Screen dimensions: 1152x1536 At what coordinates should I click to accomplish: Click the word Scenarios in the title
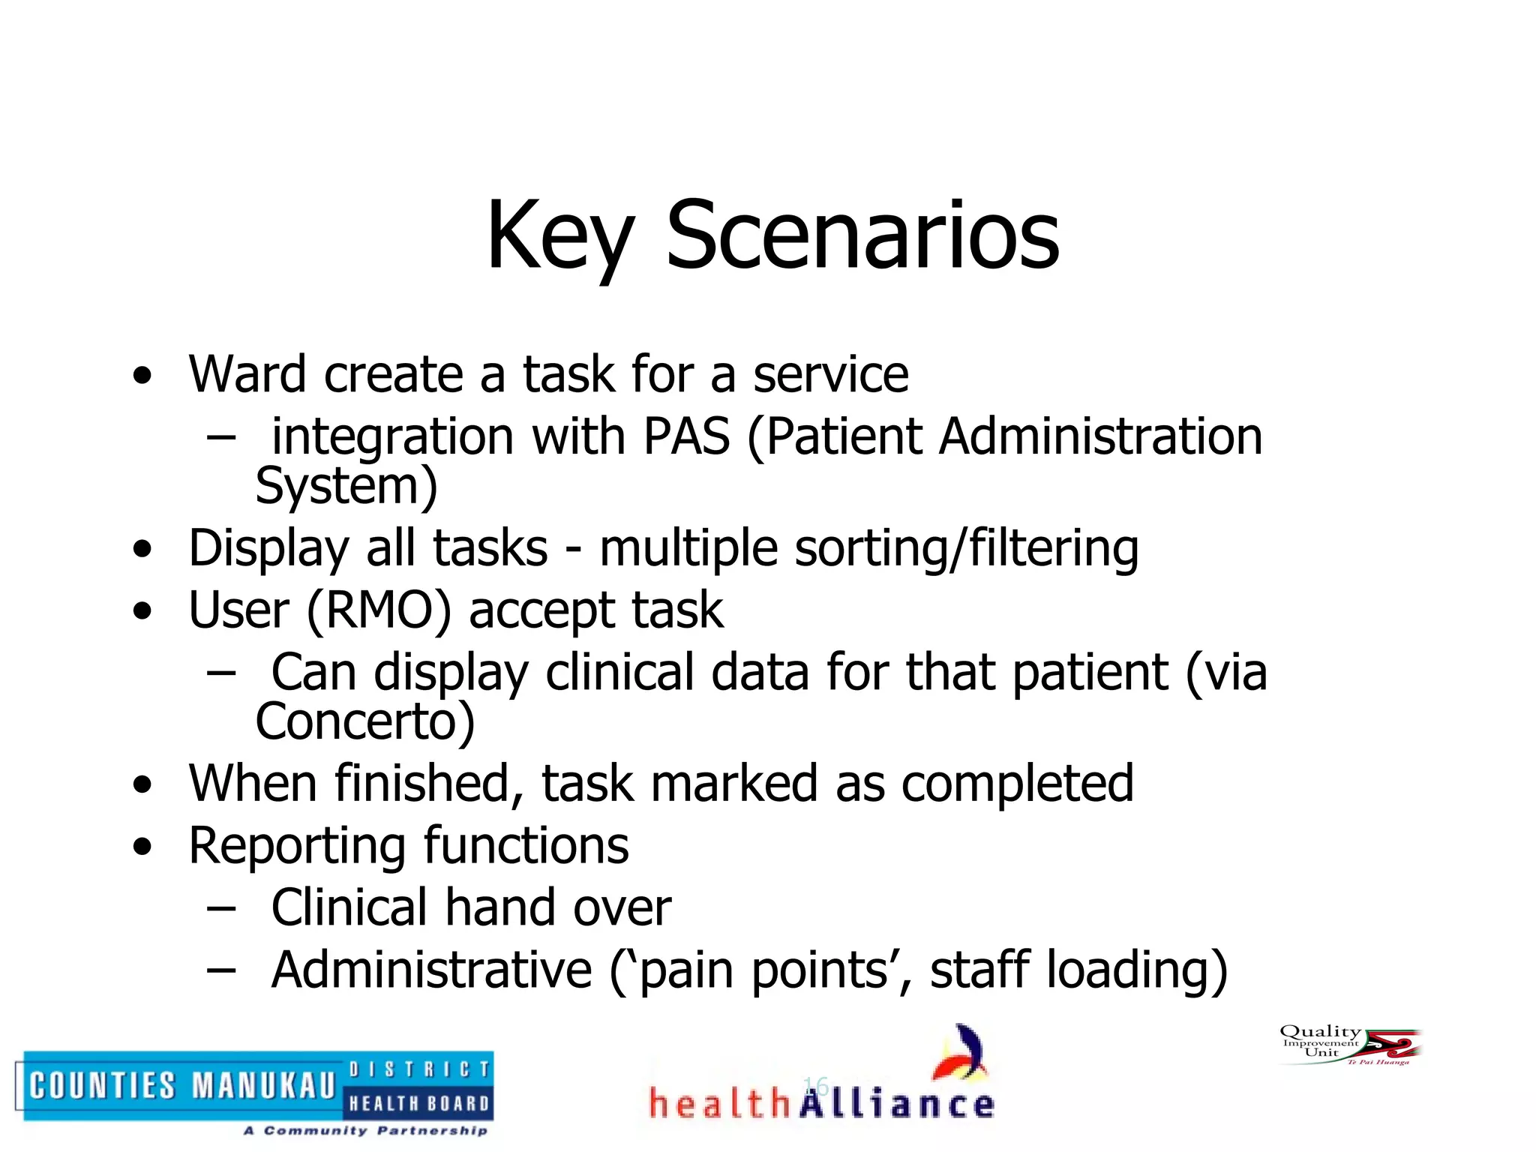pyautogui.click(x=862, y=236)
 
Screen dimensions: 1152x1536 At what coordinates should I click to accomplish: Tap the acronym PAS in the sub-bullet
pyautogui.click(x=686, y=436)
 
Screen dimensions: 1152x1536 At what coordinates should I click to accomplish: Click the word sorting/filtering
pyautogui.click(x=967, y=549)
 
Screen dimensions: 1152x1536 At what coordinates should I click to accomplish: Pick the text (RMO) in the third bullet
pyautogui.click(x=379, y=610)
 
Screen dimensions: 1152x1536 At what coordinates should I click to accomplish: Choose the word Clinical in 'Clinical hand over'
pyautogui.click(x=349, y=908)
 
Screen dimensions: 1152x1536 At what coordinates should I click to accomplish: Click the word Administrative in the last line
pyautogui.click(x=431, y=970)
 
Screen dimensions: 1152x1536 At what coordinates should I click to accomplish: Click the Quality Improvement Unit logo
pyautogui.click(x=1349, y=1044)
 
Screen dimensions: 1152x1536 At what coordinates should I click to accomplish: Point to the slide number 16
pyautogui.click(x=814, y=1085)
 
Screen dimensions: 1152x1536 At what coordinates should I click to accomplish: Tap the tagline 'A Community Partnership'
pyautogui.click(x=365, y=1130)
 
